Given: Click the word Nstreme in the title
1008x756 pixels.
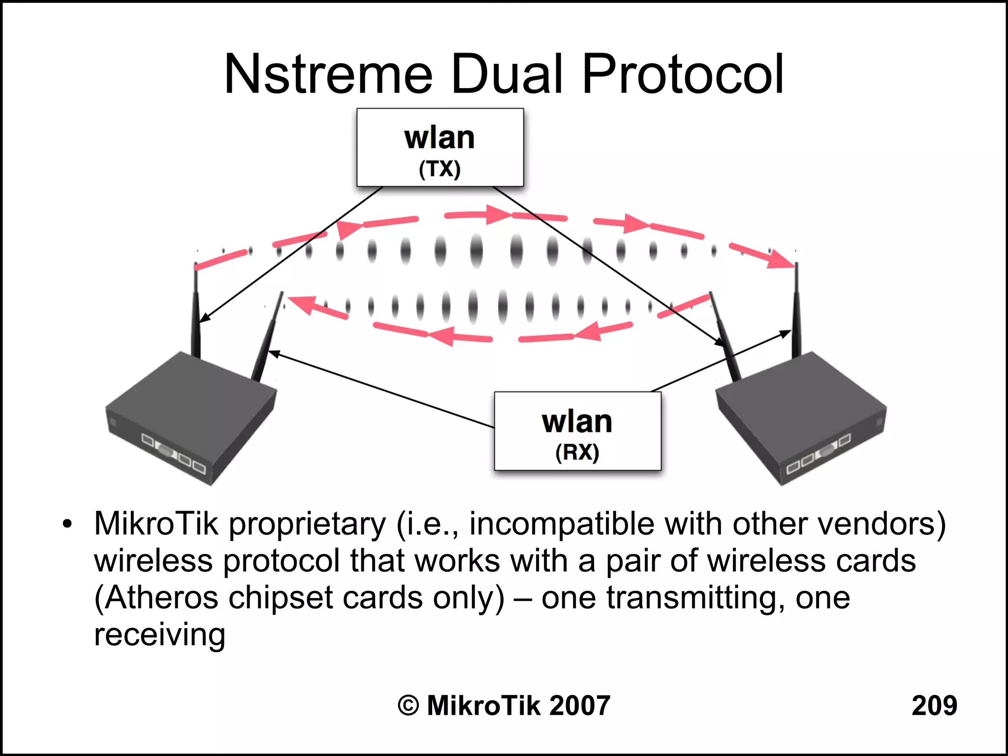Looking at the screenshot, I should pyautogui.click(x=328, y=75).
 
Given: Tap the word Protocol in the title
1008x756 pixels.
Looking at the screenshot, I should pyautogui.click(x=682, y=75).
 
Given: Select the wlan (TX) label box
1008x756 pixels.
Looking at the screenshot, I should pyautogui.click(x=440, y=148).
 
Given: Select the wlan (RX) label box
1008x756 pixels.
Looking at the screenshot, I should pyautogui.click(x=577, y=431).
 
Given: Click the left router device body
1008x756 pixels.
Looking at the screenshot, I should pyautogui.click(x=189, y=418).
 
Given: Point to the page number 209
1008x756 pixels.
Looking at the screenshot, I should pyautogui.click(x=934, y=705).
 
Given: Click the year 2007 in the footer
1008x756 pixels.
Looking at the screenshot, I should pyautogui.click(x=579, y=705).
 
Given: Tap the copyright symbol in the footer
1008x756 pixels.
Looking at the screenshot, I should pyautogui.click(x=408, y=705).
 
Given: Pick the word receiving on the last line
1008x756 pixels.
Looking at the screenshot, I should pyautogui.click(x=159, y=635).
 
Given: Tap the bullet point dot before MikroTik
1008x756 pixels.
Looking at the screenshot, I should pyautogui.click(x=67, y=524).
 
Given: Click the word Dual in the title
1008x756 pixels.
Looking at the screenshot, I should pyautogui.click(x=507, y=75).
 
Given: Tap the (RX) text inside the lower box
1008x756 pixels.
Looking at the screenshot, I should pyautogui.click(x=577, y=452).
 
